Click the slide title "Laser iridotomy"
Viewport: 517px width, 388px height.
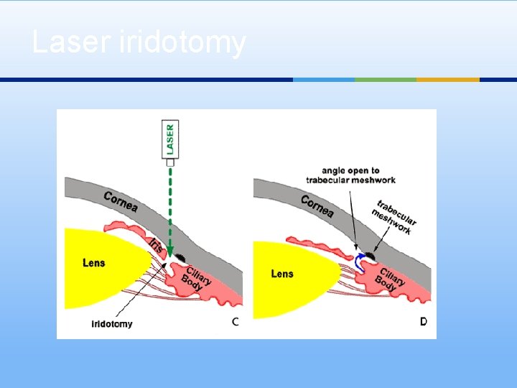139,42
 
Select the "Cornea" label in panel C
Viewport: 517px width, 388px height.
121,202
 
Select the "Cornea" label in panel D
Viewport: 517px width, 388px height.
317,206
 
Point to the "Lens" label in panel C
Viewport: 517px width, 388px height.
93,263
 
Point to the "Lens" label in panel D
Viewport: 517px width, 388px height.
282,274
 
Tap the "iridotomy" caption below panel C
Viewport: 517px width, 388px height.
112,323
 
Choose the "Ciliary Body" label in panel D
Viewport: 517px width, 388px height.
392,280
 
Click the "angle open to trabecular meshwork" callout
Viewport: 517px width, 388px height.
350,175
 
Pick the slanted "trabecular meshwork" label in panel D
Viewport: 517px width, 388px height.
394,217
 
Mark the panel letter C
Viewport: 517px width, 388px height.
236,321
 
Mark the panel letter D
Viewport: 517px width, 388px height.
424,321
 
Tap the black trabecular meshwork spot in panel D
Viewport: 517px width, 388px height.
372,254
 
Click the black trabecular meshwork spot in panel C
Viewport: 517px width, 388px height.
180,257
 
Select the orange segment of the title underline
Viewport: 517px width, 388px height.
448,80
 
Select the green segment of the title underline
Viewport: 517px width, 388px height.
386,80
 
